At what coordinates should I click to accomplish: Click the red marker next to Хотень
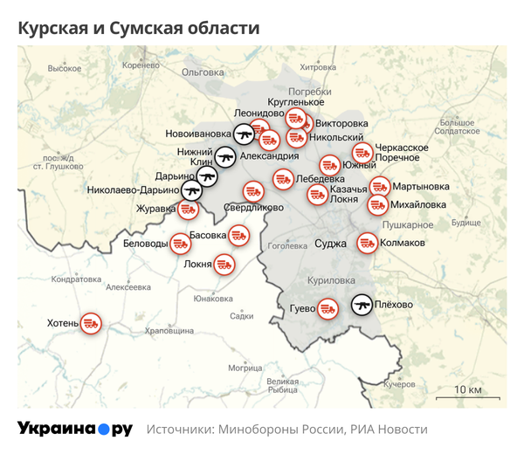[x=91, y=324]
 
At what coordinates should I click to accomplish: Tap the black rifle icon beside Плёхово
[x=361, y=305]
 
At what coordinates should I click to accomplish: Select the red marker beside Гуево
[x=327, y=307]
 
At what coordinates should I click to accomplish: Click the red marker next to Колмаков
[x=366, y=243]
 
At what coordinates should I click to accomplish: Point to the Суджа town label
[x=330, y=243]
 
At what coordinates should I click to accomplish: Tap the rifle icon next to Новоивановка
[x=244, y=134]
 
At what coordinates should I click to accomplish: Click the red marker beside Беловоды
[x=180, y=244]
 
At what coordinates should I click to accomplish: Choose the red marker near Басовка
[x=238, y=235]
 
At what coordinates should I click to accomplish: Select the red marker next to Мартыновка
[x=379, y=186]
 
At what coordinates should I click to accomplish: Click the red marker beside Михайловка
[x=377, y=205]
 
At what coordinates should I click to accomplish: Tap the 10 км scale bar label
[x=468, y=389]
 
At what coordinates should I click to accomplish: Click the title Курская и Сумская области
[x=140, y=28]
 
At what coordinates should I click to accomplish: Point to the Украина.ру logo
[x=74, y=429]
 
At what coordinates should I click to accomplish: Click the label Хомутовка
[x=316, y=66]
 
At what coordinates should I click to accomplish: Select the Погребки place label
[x=311, y=92]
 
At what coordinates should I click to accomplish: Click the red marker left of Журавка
[x=188, y=210]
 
